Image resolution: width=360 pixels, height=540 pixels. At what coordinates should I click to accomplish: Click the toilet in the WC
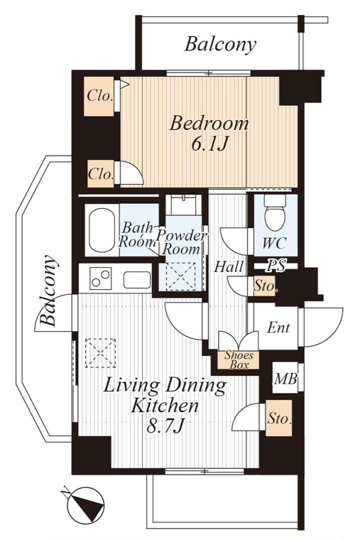point(276,213)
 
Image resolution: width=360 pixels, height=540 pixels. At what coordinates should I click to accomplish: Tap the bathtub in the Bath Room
point(102,230)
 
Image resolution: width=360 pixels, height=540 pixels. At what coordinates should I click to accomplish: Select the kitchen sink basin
point(137,280)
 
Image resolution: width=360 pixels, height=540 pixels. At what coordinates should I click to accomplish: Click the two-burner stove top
point(101,279)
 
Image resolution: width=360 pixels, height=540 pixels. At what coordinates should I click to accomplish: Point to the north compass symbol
point(85,504)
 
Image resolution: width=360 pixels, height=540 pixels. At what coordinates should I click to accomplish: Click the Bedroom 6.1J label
point(209,134)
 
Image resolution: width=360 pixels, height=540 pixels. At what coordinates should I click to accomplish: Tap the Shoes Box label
point(239,360)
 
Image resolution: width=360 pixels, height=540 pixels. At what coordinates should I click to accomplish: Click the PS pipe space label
point(277,266)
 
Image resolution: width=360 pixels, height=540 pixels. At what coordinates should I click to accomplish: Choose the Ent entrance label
point(278,327)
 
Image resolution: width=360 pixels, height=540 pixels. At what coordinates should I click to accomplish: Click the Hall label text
point(229,267)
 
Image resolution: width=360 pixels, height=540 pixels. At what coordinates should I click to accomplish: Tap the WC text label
point(274,243)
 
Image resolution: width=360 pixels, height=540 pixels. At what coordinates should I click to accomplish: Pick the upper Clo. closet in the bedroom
point(99,96)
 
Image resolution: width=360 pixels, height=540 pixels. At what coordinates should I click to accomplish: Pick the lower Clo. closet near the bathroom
point(101,173)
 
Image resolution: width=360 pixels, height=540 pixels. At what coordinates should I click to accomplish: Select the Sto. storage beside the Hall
point(265,286)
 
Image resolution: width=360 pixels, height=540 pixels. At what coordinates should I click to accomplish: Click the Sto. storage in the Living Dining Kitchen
point(279,418)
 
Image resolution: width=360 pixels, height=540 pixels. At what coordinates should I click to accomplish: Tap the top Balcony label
point(220,45)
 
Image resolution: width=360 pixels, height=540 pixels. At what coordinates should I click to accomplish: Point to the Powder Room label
point(181,242)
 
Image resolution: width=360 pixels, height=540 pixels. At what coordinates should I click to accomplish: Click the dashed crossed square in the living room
point(100,353)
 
